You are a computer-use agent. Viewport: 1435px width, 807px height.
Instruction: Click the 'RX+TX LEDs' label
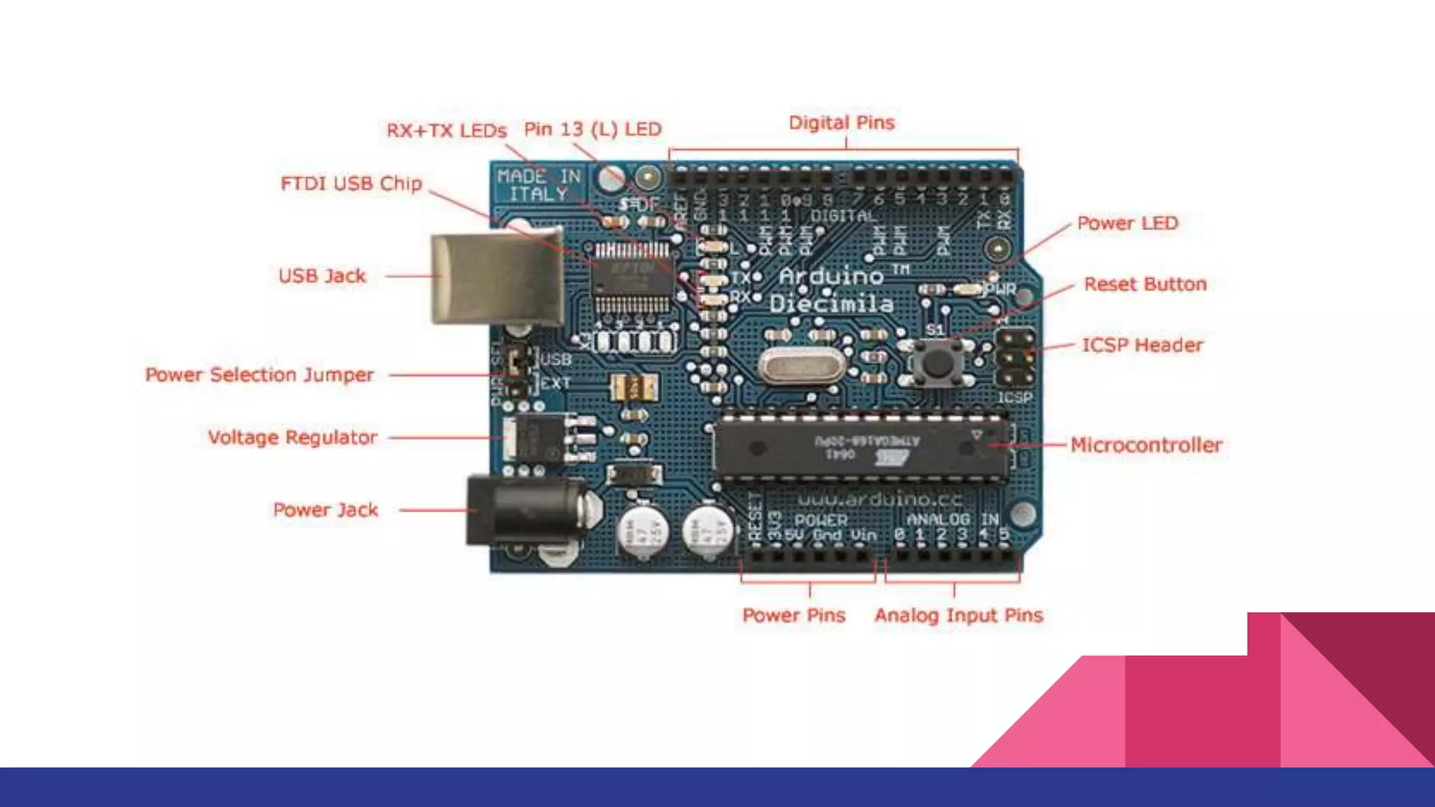pyautogui.click(x=446, y=131)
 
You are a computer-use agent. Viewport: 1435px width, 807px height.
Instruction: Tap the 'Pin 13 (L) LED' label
pyautogui.click(x=593, y=130)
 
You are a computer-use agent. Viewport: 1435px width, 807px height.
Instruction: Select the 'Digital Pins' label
pyautogui.click(x=842, y=123)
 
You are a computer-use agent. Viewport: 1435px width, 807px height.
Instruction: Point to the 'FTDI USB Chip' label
pyautogui.click(x=351, y=184)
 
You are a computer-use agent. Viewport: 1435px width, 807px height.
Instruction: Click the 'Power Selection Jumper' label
pyautogui.click(x=259, y=375)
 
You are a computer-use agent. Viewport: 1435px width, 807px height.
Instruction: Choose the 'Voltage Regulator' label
pyautogui.click(x=292, y=438)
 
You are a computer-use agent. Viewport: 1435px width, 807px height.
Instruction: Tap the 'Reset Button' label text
pyautogui.click(x=1145, y=284)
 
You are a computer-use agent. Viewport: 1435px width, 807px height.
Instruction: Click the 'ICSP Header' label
pyautogui.click(x=1142, y=345)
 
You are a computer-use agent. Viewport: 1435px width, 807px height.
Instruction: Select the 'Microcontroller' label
pyautogui.click(x=1146, y=446)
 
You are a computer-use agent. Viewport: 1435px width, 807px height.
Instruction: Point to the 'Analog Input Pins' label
pyautogui.click(x=959, y=616)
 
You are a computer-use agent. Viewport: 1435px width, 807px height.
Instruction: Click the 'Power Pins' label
pyautogui.click(x=794, y=616)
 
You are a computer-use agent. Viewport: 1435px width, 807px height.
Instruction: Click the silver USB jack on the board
pyautogui.click(x=496, y=278)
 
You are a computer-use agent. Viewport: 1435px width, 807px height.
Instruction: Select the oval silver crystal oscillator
pyautogui.click(x=802, y=366)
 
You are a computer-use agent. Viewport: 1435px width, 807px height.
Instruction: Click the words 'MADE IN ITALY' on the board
pyautogui.click(x=539, y=185)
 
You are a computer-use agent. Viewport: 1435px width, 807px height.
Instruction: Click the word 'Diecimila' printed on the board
pyautogui.click(x=832, y=304)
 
